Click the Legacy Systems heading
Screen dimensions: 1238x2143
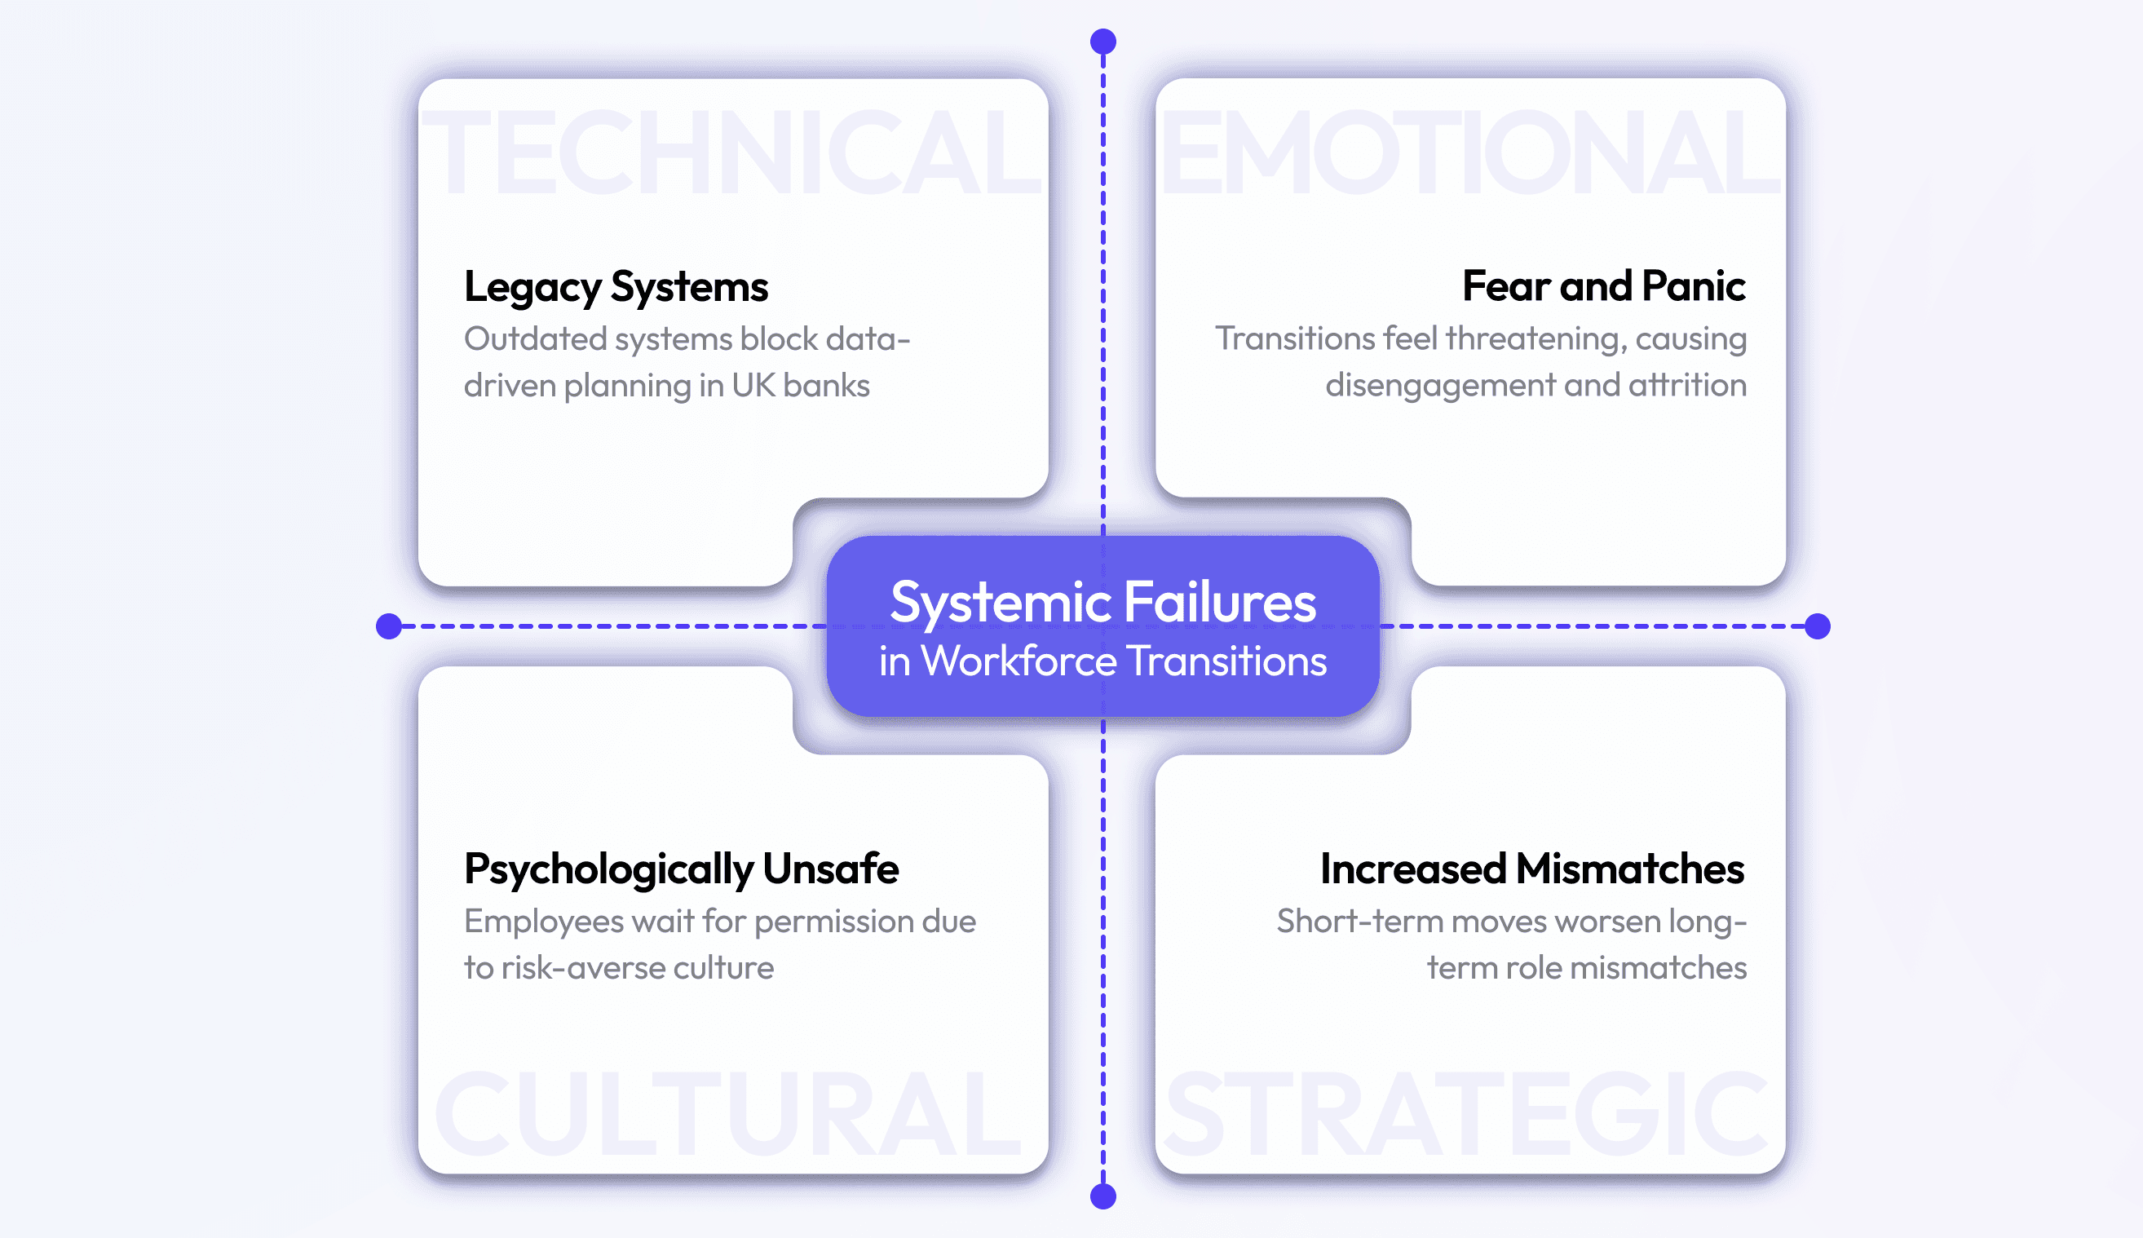coord(616,286)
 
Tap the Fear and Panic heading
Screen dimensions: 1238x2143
coord(1603,285)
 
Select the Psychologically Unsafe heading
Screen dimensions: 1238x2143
coord(681,869)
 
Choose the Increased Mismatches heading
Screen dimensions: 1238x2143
coord(1531,869)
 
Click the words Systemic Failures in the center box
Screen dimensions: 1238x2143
coord(1102,602)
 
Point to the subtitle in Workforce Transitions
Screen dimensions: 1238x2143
coord(1102,661)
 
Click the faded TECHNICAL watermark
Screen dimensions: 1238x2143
coord(732,153)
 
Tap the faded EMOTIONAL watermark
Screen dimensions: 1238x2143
coord(1469,153)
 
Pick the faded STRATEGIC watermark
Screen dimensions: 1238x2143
coord(1467,1114)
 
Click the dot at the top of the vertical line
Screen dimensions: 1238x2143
coord(1103,42)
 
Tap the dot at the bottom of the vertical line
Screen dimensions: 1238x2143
coord(1103,1196)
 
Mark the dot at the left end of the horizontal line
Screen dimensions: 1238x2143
coord(388,626)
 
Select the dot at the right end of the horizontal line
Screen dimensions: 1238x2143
coord(1818,626)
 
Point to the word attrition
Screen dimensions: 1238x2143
coord(1687,385)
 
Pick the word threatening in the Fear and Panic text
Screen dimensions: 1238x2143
coord(1535,338)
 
